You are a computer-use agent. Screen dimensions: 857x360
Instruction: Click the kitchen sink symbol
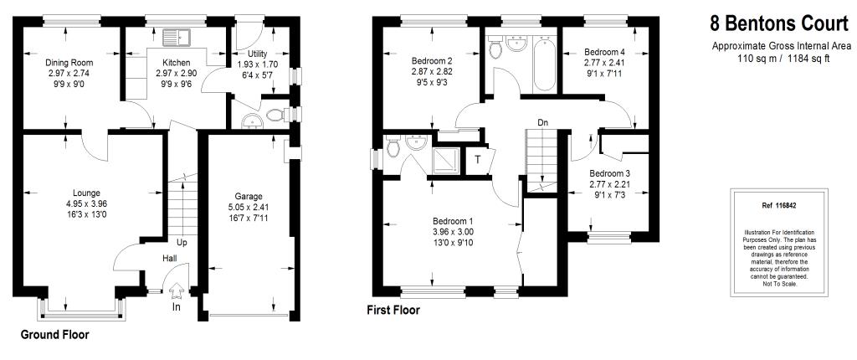[x=176, y=37]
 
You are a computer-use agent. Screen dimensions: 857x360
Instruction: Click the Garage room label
[x=249, y=197]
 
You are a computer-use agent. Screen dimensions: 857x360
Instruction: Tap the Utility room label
[x=257, y=54]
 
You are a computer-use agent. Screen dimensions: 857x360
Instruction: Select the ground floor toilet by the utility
[x=276, y=115]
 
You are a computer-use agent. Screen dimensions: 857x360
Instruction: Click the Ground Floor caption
[x=54, y=335]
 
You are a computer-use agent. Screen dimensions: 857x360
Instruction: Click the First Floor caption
[x=393, y=311]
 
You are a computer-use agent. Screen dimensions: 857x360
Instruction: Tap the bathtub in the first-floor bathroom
[x=544, y=64]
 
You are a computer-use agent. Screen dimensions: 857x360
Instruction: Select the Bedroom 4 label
[x=604, y=53]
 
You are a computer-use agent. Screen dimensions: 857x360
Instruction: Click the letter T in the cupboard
[x=477, y=160]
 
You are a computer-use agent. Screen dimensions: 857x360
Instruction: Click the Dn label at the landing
[x=542, y=122]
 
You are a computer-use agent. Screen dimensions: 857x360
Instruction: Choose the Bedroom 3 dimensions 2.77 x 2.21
[x=608, y=184]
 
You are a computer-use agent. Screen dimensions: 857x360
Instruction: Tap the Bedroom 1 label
[x=453, y=222]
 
